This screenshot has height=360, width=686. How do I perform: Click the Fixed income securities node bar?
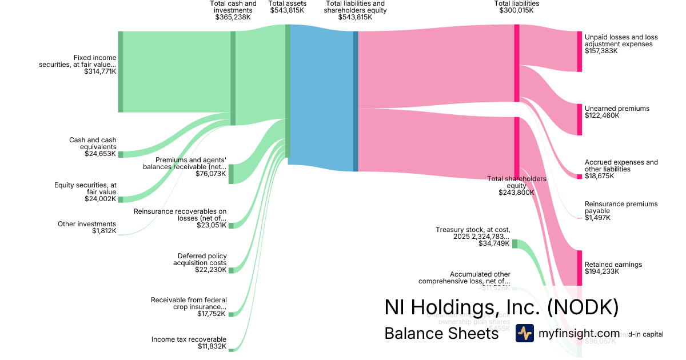tap(120, 72)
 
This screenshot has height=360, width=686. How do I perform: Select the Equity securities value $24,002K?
tap(100, 199)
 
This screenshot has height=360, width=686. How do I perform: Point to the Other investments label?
tap(87, 224)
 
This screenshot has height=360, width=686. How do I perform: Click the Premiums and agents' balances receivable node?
tap(231, 174)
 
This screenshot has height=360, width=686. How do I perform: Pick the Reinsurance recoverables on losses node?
tap(231, 225)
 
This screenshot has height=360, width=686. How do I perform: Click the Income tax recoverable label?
tap(189, 339)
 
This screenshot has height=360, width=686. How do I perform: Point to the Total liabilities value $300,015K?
tap(516, 10)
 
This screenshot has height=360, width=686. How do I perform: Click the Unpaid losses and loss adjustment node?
tap(579, 51)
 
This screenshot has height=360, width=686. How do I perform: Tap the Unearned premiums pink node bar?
tap(579, 119)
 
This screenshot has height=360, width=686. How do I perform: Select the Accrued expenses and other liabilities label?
tap(621, 166)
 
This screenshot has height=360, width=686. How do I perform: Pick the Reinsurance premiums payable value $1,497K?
tap(597, 218)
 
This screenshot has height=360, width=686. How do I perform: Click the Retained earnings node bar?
tap(579, 267)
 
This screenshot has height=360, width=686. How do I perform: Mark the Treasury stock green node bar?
tap(514, 244)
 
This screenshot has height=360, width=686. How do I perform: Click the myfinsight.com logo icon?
tap(524, 333)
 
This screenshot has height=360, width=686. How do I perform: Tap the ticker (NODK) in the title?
tap(583, 307)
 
